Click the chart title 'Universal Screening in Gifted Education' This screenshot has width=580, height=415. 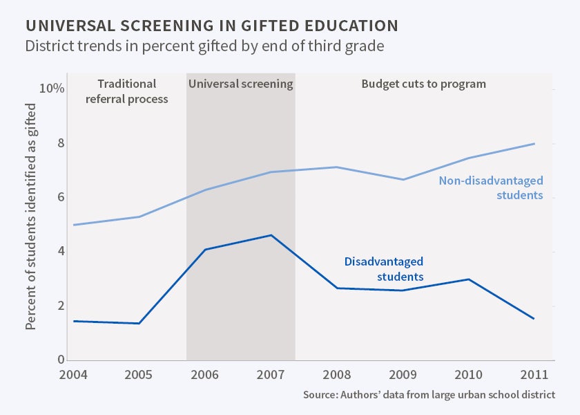(211, 26)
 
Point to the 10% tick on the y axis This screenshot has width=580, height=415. (52, 89)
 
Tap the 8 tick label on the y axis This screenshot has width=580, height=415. (60, 143)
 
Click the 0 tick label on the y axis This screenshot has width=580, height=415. (60, 360)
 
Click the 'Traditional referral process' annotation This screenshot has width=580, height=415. (126, 91)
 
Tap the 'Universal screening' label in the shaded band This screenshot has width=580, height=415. (240, 84)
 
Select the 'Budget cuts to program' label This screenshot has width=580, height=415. (424, 84)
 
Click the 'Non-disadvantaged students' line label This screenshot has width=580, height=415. (491, 188)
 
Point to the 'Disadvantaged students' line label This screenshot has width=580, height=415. (383, 269)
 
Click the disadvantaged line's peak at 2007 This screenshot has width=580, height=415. (271, 235)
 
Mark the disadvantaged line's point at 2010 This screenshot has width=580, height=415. (469, 279)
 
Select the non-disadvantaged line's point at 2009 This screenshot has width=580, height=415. (403, 180)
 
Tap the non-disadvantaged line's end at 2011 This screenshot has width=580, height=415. (534, 144)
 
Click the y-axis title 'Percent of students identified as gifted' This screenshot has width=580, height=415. (31, 216)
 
